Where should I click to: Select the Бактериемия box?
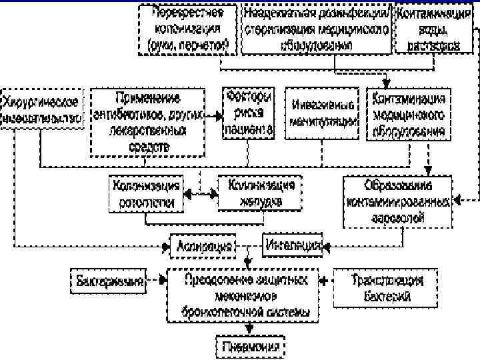(109, 281)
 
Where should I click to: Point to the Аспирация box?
(205, 246)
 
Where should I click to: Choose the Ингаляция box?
(293, 245)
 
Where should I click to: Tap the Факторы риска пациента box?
(249, 113)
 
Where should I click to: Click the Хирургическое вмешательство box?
(41, 109)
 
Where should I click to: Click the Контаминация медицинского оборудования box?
(408, 113)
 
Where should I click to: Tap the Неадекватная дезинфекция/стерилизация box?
(315, 29)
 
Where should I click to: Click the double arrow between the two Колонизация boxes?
(201, 193)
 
